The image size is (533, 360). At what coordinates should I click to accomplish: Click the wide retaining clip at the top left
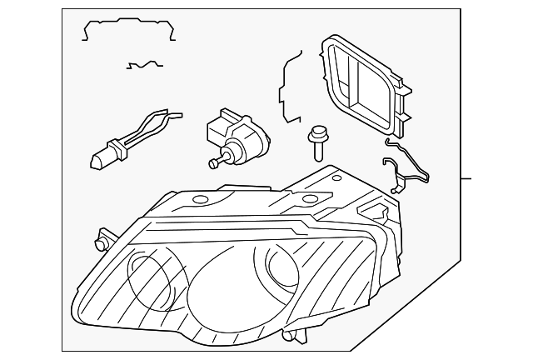(x=130, y=30)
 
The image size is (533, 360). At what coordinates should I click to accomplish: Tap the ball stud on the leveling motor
(x=214, y=164)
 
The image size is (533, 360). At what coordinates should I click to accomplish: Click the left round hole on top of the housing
(x=198, y=200)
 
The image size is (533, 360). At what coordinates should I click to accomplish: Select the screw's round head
(x=316, y=132)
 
